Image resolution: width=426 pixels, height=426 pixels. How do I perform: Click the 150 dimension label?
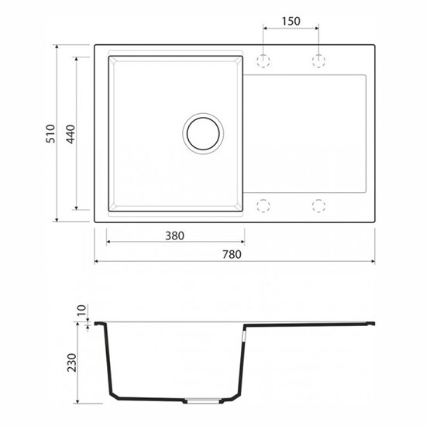pos(290,21)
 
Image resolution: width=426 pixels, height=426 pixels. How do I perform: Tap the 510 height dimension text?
pos(50,134)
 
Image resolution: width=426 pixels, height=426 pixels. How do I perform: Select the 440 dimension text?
pos(70,134)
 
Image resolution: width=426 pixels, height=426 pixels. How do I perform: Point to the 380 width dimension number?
pos(175,235)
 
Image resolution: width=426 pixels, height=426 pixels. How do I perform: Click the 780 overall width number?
pos(232,254)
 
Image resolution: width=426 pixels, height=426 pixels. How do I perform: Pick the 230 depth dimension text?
pos(72,362)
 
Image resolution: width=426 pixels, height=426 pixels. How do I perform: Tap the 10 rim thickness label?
pos(81,310)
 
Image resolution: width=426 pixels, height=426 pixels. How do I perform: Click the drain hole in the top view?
pos(203,133)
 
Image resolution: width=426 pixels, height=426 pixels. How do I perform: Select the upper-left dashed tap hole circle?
pos(263,60)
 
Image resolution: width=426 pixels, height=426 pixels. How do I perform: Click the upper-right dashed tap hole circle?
pos(318,60)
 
